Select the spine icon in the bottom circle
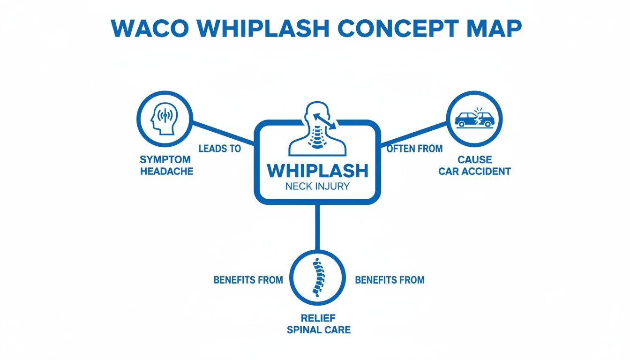click(x=318, y=277)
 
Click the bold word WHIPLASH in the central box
click(x=317, y=171)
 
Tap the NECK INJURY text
click(x=317, y=186)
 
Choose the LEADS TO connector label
click(x=220, y=149)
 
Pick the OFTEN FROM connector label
click(x=414, y=149)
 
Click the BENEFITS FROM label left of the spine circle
click(x=248, y=280)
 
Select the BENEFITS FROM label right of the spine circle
click(x=390, y=280)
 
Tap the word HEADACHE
click(x=167, y=171)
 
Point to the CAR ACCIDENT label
click(x=474, y=171)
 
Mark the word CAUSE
click(x=475, y=160)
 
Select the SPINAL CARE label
click(x=318, y=330)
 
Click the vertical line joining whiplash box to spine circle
click(x=317, y=227)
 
